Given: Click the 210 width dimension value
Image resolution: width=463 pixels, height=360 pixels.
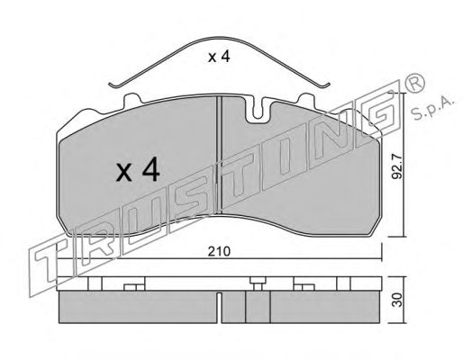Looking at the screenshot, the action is click(x=219, y=251).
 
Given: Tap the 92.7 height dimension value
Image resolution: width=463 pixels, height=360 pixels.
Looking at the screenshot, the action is click(x=396, y=168).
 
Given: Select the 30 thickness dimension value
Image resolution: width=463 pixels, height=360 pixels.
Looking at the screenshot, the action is click(x=397, y=300).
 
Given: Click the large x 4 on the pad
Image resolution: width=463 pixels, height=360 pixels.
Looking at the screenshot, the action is click(x=138, y=169).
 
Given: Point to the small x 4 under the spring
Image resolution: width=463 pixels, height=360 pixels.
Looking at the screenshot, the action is click(x=219, y=57).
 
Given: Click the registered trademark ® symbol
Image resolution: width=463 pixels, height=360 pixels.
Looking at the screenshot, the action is click(x=415, y=82).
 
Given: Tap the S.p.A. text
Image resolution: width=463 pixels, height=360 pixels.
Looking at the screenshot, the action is click(x=433, y=109).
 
